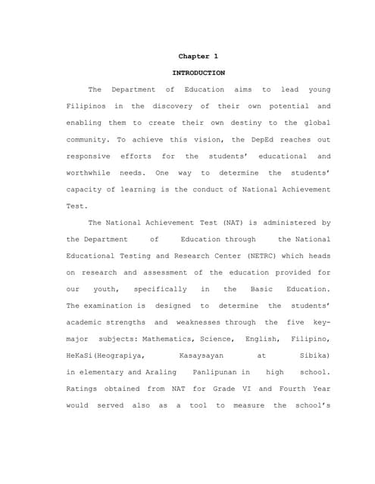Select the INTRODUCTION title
tap(198, 73)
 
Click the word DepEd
tap(237, 139)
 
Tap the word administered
tap(286, 222)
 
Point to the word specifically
tap(160, 289)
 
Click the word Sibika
tap(311, 355)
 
